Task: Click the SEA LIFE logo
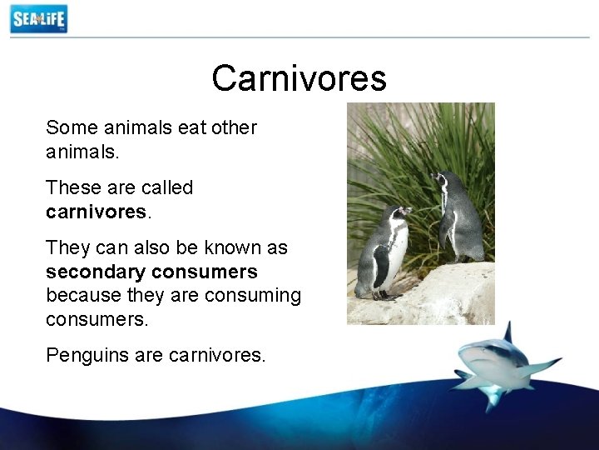[x=38, y=18]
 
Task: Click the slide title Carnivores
[x=299, y=78]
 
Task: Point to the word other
[x=235, y=127]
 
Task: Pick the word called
[x=166, y=187]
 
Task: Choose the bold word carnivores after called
[x=96, y=212]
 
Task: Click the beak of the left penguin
[x=408, y=212]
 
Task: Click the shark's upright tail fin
[x=507, y=332]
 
